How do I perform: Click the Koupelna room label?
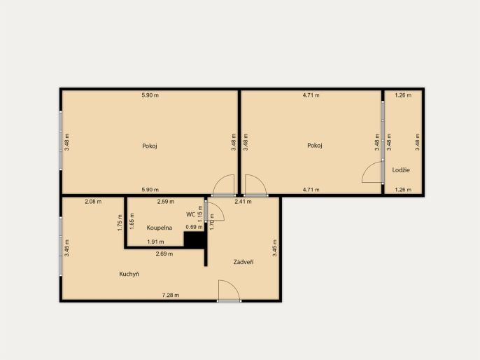[160, 228]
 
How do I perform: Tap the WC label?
[190, 214]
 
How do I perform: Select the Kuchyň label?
[129, 274]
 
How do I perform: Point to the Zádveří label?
[243, 262]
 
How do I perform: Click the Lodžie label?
[401, 169]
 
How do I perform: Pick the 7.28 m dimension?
[171, 295]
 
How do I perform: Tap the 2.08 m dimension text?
[93, 201]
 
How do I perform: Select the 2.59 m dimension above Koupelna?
[166, 201]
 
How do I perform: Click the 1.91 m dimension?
[155, 242]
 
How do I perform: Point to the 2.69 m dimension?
[164, 254]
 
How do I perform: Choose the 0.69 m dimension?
[194, 227]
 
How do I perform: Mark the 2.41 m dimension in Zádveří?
[243, 201]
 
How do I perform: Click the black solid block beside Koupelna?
[194, 240]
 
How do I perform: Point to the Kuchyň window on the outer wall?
[61, 247]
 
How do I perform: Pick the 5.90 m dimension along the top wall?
[150, 95]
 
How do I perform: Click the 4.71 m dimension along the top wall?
[311, 95]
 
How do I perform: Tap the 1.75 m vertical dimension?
[120, 222]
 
